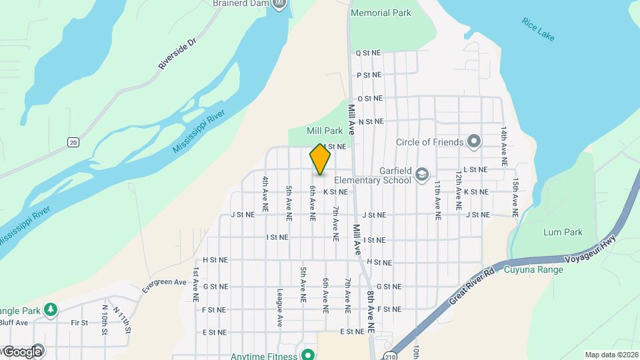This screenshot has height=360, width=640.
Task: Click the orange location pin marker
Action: click(320, 159)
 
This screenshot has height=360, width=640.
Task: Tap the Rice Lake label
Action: click(538, 30)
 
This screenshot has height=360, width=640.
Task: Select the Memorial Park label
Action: click(381, 13)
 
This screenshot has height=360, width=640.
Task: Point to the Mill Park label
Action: click(324, 131)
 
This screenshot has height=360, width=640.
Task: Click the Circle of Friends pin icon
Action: click(474, 141)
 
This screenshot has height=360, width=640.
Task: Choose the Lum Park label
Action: click(563, 233)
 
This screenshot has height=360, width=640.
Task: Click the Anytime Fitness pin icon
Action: click(307, 355)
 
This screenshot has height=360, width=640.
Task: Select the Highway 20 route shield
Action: click(73, 142)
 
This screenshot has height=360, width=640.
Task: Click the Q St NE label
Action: click(368, 53)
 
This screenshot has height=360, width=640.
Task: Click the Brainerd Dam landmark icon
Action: click(280, 5)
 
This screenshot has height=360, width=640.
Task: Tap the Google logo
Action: click(23, 351)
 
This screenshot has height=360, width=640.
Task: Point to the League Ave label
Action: click(280, 308)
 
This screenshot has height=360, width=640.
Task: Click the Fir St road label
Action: click(80, 323)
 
